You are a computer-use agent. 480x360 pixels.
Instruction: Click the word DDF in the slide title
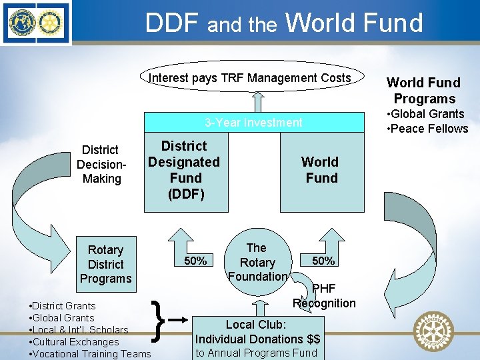click(x=173, y=23)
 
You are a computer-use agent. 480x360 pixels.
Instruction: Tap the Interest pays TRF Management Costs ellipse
click(x=249, y=78)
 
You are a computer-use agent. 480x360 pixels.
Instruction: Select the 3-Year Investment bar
click(x=253, y=123)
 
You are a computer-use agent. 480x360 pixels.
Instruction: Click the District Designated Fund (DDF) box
click(x=185, y=170)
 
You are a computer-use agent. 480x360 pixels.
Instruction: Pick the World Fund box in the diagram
click(x=321, y=170)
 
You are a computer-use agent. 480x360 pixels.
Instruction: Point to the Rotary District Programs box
click(x=105, y=264)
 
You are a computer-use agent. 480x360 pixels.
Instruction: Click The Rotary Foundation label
click(x=257, y=262)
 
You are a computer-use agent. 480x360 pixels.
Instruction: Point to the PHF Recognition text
click(x=324, y=296)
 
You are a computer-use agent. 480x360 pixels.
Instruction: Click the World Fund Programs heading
click(x=423, y=91)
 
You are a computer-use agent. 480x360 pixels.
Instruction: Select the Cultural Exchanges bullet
click(x=74, y=342)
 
